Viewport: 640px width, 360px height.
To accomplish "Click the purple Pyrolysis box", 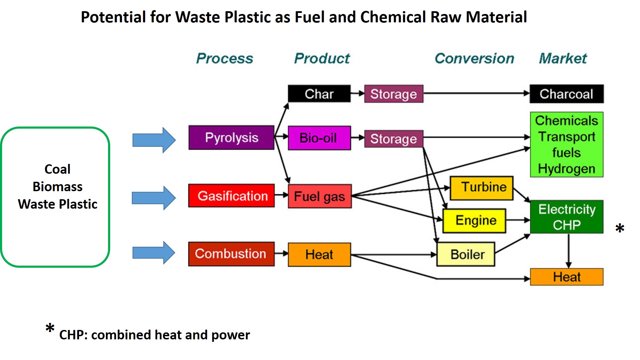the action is click(x=231, y=137).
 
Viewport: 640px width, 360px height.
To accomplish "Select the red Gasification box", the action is click(x=231, y=196).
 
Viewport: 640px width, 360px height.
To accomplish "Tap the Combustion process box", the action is click(x=231, y=254).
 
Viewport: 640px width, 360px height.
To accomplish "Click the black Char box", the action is click(x=319, y=94).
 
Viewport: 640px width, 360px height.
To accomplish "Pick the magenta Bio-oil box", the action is click(x=319, y=138).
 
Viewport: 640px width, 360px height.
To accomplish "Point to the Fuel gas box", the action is click(x=320, y=196).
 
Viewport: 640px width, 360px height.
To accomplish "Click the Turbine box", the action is click(x=482, y=188).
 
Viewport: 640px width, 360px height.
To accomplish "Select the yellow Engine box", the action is click(x=474, y=221).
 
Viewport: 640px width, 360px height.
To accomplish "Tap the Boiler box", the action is click(x=466, y=254).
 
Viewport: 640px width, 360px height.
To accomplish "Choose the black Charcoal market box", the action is click(x=567, y=94).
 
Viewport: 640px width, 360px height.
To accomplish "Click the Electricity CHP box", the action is click(x=567, y=217).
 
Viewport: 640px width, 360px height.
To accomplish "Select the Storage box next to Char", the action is click(x=394, y=94).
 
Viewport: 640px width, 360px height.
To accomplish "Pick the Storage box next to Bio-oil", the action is click(x=394, y=139).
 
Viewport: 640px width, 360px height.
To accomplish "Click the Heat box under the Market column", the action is click(x=567, y=277).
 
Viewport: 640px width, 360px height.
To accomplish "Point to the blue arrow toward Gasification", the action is click(x=154, y=198).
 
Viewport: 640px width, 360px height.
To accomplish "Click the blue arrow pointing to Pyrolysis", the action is click(x=154, y=140).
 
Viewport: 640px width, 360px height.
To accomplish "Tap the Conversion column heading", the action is click(x=475, y=58).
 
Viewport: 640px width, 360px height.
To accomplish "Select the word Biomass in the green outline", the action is click(x=58, y=187).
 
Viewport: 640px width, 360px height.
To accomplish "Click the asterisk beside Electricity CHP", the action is click(x=620, y=228).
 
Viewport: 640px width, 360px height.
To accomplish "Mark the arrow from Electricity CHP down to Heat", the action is click(x=569, y=251).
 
